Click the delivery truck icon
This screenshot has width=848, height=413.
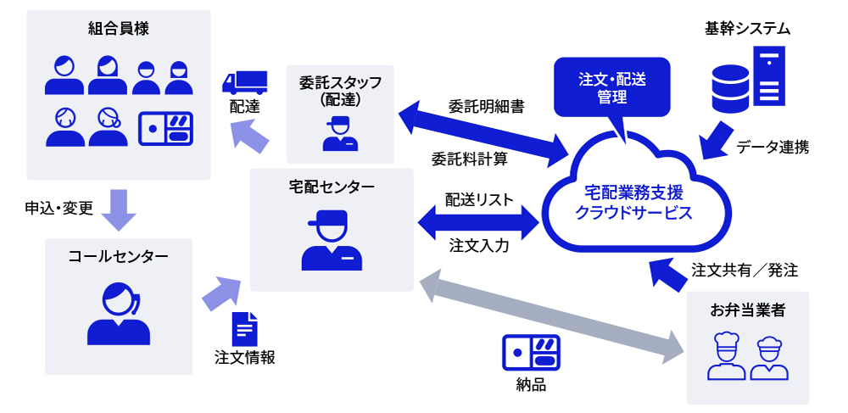click(x=244, y=81)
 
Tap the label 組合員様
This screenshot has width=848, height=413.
click(x=119, y=29)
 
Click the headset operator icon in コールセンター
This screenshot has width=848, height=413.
click(x=118, y=313)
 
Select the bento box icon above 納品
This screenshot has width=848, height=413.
click(x=531, y=352)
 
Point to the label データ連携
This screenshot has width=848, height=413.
click(x=772, y=147)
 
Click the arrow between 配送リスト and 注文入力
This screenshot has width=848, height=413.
click(x=479, y=224)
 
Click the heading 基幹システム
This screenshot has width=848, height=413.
click(x=747, y=28)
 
